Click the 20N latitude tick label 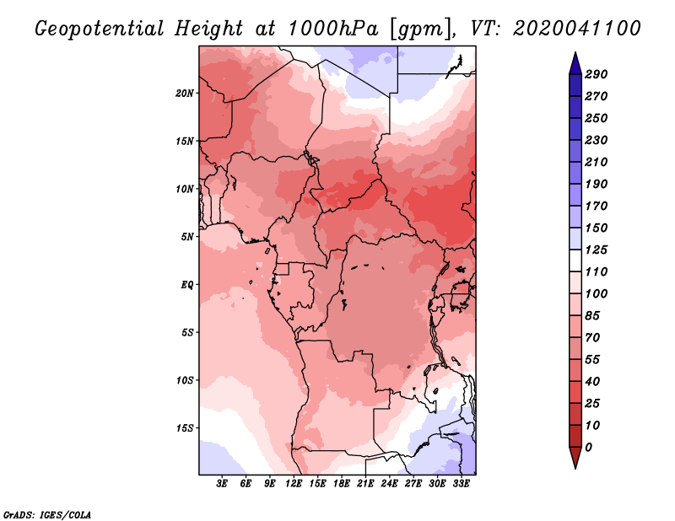tap(185, 93)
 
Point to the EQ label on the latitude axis tap(187, 284)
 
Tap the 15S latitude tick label tap(185, 427)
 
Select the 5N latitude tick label tap(187, 237)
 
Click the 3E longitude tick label tap(223, 485)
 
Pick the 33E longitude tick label tap(462, 485)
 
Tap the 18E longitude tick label tap(342, 485)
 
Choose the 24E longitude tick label tap(390, 485)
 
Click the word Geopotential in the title tap(100, 29)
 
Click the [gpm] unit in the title tap(418, 29)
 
